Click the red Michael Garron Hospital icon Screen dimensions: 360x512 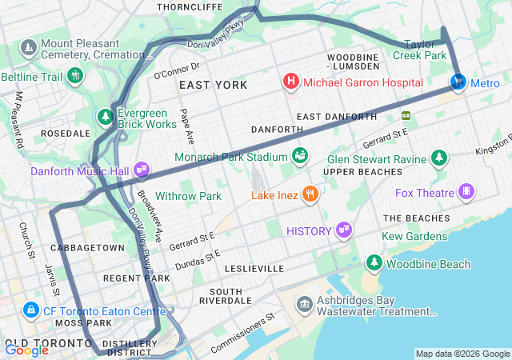[291, 82]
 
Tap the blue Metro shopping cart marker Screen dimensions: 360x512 [458, 82]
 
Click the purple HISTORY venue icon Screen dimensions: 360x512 [344, 230]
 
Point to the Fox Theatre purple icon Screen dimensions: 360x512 [466, 192]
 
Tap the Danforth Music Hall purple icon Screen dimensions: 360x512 [142, 170]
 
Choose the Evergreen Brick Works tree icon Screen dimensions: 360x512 [106, 118]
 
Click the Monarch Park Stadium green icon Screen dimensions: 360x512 [300, 154]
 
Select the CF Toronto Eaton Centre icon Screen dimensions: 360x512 [30, 309]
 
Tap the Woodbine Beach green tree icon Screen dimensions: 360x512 [374, 262]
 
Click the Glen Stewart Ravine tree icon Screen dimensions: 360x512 [438, 158]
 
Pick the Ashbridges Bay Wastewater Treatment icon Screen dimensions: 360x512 [304, 303]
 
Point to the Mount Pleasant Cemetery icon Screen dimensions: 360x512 [29, 48]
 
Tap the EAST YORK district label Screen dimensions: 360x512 [213, 85]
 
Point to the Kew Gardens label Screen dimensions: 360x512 [414, 236]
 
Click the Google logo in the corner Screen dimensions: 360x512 [26, 350]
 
